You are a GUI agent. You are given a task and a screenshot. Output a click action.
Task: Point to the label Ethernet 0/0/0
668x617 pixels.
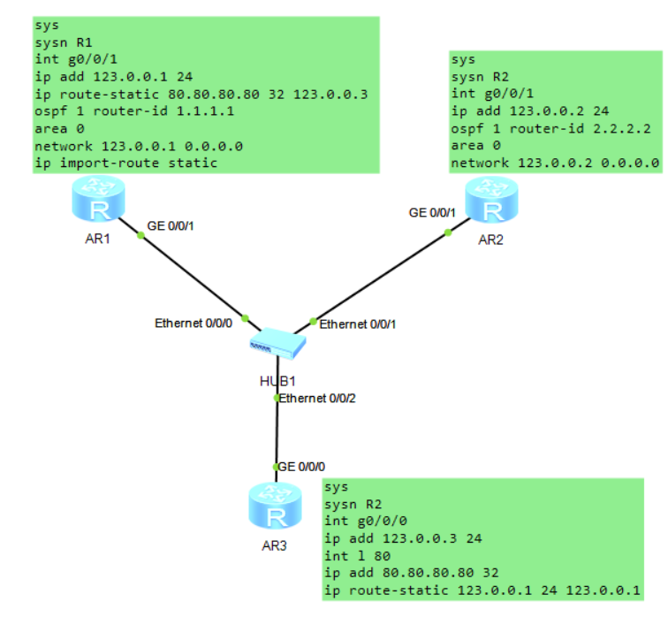click(194, 324)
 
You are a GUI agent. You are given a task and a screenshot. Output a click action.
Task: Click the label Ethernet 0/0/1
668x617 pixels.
click(358, 324)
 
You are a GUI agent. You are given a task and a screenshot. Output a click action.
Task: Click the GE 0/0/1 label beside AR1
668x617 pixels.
click(170, 226)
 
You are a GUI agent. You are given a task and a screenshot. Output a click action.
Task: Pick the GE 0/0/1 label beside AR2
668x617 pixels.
click(432, 213)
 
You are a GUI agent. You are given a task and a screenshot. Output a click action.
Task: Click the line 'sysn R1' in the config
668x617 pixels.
click(65, 42)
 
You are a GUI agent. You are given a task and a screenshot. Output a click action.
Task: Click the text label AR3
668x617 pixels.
click(275, 545)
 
